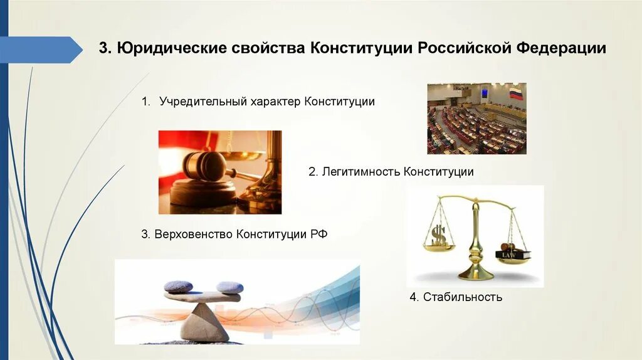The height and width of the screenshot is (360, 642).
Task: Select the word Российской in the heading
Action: [x=466, y=49]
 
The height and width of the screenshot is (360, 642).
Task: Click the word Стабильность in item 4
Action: [x=463, y=297]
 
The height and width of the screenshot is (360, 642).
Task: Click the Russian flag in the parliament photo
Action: [x=515, y=94]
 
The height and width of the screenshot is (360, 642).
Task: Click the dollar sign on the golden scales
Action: [x=438, y=236]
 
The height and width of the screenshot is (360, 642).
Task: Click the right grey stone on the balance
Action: [x=229, y=287]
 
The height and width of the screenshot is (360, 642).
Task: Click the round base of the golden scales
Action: [x=476, y=274]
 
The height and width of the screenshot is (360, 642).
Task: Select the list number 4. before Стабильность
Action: [x=414, y=297]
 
